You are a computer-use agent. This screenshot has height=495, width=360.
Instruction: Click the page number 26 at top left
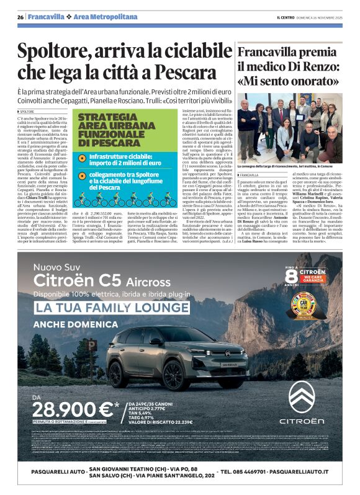click(x=20, y=16)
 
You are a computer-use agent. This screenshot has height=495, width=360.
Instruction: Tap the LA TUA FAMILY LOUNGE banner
click(x=104, y=308)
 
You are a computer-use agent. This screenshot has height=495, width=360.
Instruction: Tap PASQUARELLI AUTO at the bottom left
click(x=51, y=471)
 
